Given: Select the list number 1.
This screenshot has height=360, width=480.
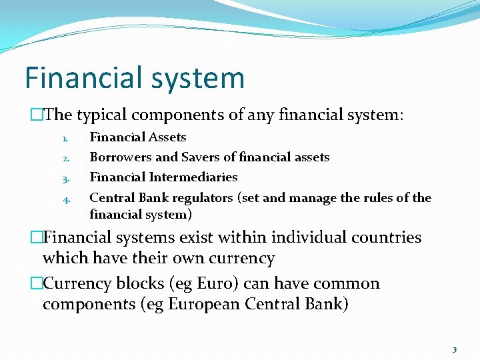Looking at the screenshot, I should click(65, 139).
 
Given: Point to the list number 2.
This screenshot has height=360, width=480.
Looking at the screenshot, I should click(65, 159).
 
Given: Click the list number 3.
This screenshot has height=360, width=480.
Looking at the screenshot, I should click(65, 179).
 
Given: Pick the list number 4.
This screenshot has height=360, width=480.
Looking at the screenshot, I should click(65, 199).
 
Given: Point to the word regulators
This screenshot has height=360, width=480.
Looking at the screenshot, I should click(205, 198).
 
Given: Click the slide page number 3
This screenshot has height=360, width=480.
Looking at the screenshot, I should click(454, 349).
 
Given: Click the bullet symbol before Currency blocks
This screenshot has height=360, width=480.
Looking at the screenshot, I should click(36, 284).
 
